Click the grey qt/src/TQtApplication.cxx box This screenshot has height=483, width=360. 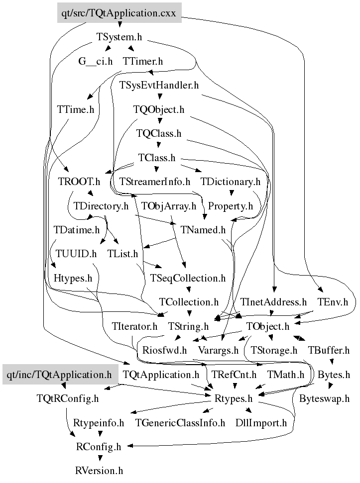point(119,13)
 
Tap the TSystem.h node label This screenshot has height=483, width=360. point(120,37)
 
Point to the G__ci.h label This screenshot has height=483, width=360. point(96,61)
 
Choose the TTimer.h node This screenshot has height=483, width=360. point(143,61)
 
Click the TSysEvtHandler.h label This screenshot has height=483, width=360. point(159,85)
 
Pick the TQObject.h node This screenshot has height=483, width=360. point(159,109)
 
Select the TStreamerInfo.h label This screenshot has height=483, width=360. point(155,182)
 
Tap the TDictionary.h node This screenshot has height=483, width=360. point(231,182)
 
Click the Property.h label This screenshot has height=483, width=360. point(231,205)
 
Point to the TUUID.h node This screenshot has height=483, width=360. point(76,254)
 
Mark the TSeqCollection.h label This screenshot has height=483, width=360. point(188,278)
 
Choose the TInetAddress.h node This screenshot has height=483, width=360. point(273,302)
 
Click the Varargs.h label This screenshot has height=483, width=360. point(219,350)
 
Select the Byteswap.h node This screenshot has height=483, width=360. point(325,398)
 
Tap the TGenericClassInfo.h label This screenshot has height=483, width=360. point(181,423)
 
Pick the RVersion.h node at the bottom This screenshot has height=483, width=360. point(99,471)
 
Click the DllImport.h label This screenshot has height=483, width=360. point(261,423)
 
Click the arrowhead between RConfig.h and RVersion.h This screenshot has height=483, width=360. point(100,458)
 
